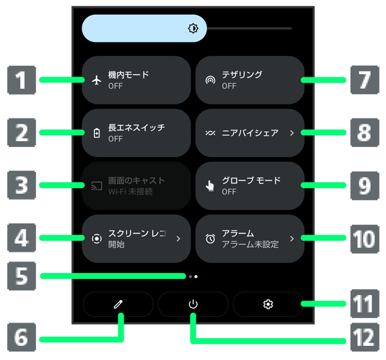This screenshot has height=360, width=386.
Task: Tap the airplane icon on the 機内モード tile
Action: click(x=97, y=81)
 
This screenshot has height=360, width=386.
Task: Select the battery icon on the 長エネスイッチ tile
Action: click(x=97, y=133)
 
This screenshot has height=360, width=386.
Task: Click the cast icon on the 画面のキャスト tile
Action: click(x=97, y=186)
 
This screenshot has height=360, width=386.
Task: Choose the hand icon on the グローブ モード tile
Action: click(x=210, y=186)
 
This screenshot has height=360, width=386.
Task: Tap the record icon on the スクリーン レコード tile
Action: click(x=97, y=238)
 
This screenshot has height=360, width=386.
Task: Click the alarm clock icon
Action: click(x=210, y=238)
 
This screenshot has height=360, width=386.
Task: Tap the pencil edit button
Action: click(x=118, y=304)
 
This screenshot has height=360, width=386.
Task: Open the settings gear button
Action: click(x=268, y=304)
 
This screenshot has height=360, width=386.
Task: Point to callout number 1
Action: click(x=21, y=81)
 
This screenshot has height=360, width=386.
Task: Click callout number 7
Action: click(x=364, y=81)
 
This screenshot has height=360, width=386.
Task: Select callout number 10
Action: click(x=364, y=238)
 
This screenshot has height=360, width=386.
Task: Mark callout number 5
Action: click(x=21, y=276)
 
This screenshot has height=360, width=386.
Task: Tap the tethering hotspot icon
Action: click(x=210, y=81)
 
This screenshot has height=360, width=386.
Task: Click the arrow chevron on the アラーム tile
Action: click(x=291, y=238)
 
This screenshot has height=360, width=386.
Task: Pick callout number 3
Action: click(x=21, y=185)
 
